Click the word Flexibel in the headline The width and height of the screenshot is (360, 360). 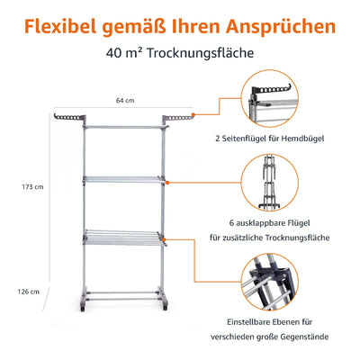click(60, 26)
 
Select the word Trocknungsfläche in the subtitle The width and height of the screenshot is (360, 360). click(201, 53)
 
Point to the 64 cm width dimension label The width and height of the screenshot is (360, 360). click(125, 100)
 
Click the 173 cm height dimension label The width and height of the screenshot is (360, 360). click(32, 187)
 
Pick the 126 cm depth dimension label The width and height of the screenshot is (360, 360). click(28, 292)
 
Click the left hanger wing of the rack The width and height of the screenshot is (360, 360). click(70, 118)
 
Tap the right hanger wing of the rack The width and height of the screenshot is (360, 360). click(177, 118)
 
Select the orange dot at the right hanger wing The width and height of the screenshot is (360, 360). click(193, 114)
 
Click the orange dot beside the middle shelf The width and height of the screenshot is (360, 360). click(167, 183)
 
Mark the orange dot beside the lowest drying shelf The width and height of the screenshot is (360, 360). click(164, 239)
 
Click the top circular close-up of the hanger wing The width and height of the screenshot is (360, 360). click(270, 99)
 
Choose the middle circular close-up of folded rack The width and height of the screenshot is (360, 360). click(270, 183)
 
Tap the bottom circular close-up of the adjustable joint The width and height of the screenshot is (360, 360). click(270, 282)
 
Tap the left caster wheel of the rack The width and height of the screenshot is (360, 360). click(83, 308)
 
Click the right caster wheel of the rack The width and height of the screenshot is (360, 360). click(165, 308)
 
